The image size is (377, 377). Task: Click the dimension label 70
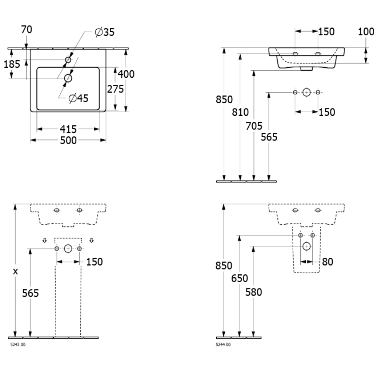point(27,29)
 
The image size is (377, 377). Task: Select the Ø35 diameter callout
point(104,32)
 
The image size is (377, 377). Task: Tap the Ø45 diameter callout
point(78,98)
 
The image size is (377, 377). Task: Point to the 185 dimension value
point(12,64)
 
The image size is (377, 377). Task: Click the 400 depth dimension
point(126,74)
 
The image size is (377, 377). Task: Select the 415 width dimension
point(68,129)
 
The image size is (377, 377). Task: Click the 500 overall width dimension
point(68,140)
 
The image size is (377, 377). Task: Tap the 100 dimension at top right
point(366,32)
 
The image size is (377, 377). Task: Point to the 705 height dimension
point(254,126)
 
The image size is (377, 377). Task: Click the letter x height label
point(16,271)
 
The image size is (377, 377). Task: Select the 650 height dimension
point(240,278)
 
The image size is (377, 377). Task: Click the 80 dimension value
point(328,261)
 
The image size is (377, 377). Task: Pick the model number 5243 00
point(18,345)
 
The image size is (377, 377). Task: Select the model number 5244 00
point(223,345)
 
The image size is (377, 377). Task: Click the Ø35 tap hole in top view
point(68,60)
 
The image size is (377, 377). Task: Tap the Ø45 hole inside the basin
point(68,78)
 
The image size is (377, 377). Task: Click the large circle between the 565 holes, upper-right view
point(306,92)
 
